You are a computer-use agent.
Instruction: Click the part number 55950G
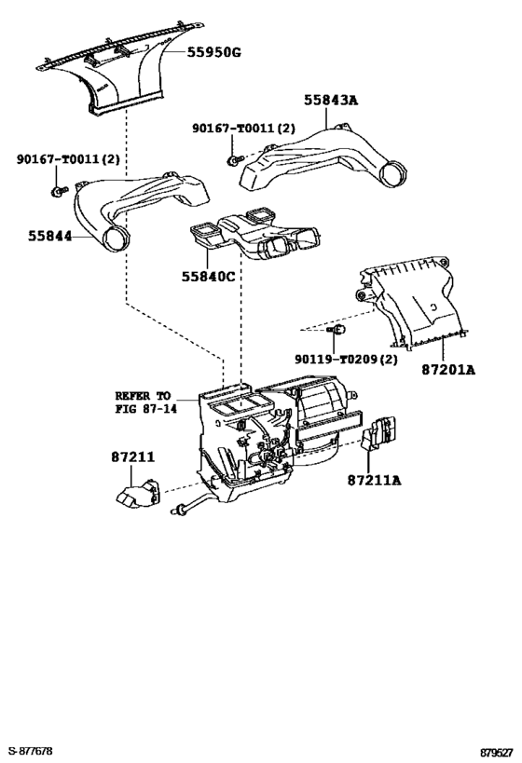pos(213,51)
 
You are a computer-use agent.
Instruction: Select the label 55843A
pos(331,100)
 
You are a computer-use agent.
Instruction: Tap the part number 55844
pos(49,236)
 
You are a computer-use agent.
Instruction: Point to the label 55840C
pos(209,277)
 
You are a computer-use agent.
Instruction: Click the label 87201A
pos(448,370)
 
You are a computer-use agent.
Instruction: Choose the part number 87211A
pos(375,481)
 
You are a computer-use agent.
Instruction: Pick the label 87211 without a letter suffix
pos(133,456)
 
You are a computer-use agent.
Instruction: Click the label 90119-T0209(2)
pos(346,359)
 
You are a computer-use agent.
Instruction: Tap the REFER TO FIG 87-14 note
pos(145,402)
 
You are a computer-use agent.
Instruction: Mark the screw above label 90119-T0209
pos(336,330)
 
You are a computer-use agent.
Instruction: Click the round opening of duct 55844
pos(117,239)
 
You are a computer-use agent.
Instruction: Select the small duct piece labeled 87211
pos(138,494)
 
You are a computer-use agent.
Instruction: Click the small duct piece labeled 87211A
pos(379,432)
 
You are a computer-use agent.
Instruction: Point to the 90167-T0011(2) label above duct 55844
pos(68,158)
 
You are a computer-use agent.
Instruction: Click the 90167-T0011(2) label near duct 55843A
pos(243,128)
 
